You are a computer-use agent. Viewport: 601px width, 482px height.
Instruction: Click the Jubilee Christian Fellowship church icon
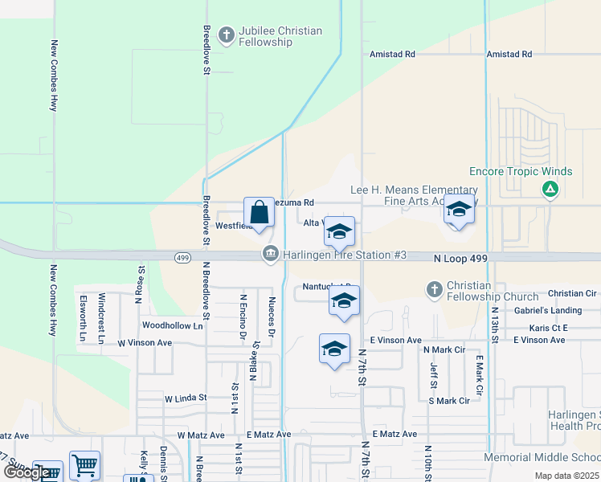click(x=227, y=35)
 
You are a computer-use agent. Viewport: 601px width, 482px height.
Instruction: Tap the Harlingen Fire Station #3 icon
click(x=270, y=255)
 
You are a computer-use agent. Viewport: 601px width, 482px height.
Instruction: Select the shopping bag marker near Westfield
click(x=259, y=214)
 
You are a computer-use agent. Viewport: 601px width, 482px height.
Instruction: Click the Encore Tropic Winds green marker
click(x=550, y=190)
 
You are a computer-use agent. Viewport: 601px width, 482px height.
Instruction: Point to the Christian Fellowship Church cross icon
click(x=434, y=289)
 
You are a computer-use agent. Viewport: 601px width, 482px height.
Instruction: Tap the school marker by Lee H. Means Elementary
click(x=458, y=210)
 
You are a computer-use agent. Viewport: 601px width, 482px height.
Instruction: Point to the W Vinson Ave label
click(x=145, y=342)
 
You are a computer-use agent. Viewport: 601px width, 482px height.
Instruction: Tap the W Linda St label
click(x=186, y=398)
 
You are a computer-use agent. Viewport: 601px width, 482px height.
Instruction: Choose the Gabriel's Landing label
click(x=547, y=311)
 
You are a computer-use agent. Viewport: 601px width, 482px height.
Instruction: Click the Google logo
click(x=26, y=472)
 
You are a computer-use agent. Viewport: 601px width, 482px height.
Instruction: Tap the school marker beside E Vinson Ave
click(x=334, y=349)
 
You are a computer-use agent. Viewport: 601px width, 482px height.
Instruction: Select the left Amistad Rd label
click(x=392, y=55)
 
